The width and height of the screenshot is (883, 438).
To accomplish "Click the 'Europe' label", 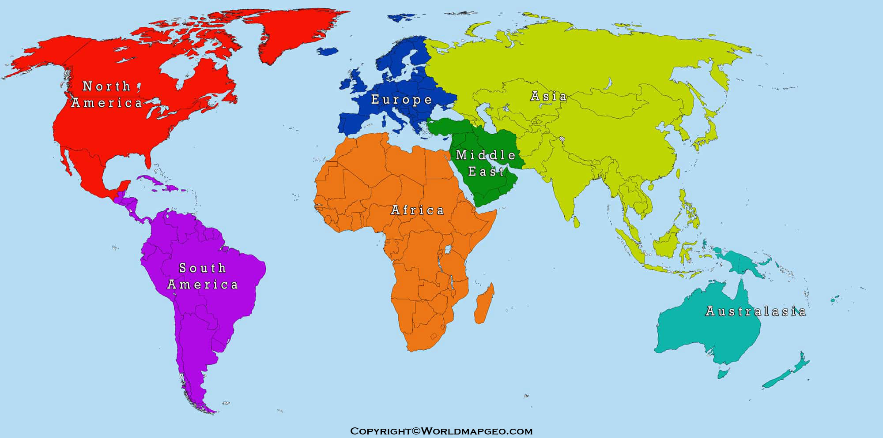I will pos(401,100).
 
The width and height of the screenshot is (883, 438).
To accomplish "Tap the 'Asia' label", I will pos(548,96).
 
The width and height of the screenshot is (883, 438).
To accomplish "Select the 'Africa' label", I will pos(417,210).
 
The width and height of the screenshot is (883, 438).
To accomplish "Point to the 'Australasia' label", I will pos(755,311).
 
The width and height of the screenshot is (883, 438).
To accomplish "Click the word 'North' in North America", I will pos(107,86).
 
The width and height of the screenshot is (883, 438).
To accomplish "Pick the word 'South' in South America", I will pos(203,268).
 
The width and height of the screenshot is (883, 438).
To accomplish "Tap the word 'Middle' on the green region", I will pos(486,155).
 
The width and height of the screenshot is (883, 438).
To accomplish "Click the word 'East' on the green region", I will pos(486,172).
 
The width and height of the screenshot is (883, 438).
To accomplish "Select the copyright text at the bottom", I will pos(441,431).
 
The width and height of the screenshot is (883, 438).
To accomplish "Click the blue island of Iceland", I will pos(327,52).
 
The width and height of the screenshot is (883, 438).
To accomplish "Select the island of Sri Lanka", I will pos(576,222).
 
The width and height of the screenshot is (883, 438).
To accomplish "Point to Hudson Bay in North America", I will pos(177,71).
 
